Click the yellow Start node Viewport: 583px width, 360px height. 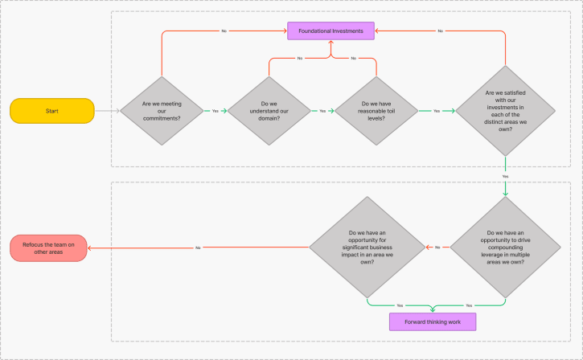point(52,111)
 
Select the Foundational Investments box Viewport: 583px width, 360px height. point(331,31)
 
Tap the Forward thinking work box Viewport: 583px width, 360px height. point(433,321)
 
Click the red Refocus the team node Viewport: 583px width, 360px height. point(48,248)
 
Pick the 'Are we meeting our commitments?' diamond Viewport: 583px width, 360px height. point(162,111)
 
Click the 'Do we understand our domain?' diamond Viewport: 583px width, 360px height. point(269,111)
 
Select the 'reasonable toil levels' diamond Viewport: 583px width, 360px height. point(376,111)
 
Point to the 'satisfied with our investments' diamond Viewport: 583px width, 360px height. point(505,111)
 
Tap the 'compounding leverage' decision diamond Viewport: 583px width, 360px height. point(505,247)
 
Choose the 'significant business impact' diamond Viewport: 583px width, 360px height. point(367,247)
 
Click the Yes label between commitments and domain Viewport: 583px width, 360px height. point(216,111)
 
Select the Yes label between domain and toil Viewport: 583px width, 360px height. point(322,111)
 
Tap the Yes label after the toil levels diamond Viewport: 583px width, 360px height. point(437,111)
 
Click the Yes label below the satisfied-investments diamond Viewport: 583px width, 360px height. point(505,177)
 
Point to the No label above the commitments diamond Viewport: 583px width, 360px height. point(224,31)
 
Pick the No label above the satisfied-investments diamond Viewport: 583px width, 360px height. point(440,31)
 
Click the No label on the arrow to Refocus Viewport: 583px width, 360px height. point(198,247)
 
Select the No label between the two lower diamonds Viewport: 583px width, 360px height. point(437,247)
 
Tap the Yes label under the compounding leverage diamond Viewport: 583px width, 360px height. point(469,305)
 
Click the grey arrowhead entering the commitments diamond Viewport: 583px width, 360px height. point(118,111)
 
